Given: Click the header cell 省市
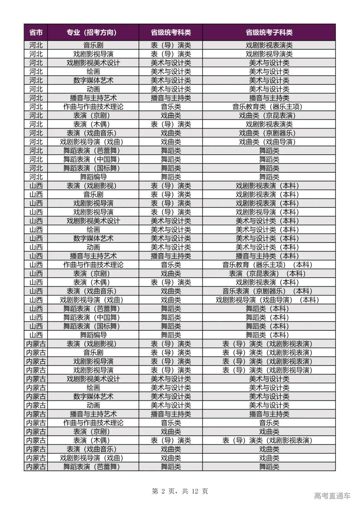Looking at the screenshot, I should [x=36, y=32].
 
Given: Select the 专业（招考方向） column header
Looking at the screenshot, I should [x=93, y=32].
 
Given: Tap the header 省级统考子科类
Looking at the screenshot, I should [x=269, y=32].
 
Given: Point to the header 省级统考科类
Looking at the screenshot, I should [x=171, y=32].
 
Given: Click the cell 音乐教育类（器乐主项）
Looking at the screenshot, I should [x=269, y=107].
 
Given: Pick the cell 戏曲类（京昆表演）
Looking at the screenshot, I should [x=269, y=115].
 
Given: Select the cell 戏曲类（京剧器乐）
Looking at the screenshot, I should [x=269, y=133].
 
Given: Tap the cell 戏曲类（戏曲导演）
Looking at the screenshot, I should [x=269, y=142].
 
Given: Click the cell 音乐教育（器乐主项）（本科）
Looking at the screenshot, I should [x=269, y=265].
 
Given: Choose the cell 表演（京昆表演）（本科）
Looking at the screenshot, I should [x=269, y=273].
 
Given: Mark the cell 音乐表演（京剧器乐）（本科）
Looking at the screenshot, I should [x=269, y=291].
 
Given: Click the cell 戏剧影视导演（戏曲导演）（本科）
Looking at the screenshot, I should [x=269, y=300].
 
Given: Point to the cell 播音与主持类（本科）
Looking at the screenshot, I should [x=269, y=256].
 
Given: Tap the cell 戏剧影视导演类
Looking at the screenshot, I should [x=269, y=54].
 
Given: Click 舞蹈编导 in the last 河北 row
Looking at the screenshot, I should [x=93, y=177].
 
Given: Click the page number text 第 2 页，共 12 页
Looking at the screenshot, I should [x=180, y=491].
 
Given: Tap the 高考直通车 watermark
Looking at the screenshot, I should [x=332, y=496].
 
